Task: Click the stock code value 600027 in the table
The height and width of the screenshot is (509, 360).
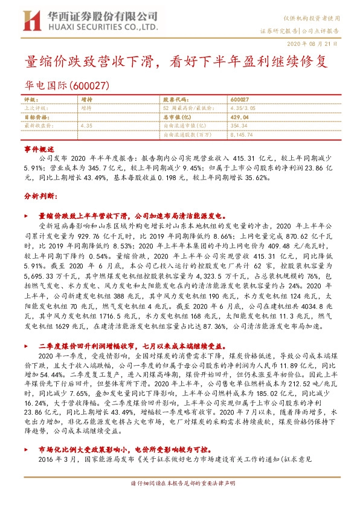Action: coord(240,99)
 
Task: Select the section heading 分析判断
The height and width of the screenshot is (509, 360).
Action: coord(39,197)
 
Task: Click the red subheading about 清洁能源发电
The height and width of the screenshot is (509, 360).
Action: coord(132,215)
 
